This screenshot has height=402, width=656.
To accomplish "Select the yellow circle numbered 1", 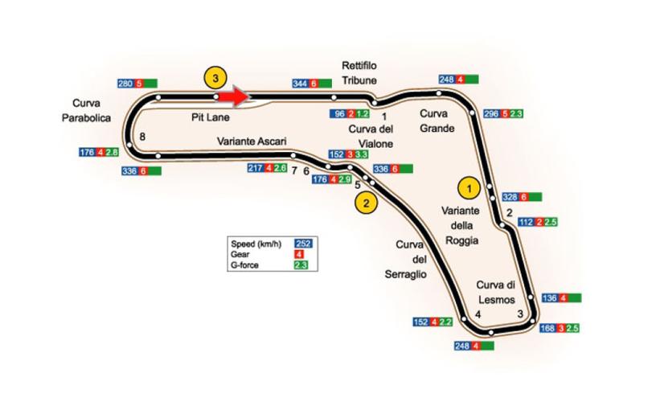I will (x=465, y=187).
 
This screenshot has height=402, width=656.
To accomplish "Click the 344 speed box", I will (x=300, y=84).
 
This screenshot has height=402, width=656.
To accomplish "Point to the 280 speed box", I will (x=125, y=84).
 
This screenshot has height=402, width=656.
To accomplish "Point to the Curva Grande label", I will (x=438, y=121).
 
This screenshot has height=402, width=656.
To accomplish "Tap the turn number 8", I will (x=142, y=137).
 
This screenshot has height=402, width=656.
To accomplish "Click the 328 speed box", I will (x=510, y=197).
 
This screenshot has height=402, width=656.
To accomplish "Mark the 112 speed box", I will (x=527, y=222).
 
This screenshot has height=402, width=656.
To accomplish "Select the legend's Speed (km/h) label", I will (x=253, y=242).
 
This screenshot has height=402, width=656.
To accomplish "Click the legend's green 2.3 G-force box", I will (x=303, y=264).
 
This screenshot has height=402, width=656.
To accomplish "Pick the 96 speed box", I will (x=338, y=114).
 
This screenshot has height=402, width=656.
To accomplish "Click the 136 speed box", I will (x=550, y=298).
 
